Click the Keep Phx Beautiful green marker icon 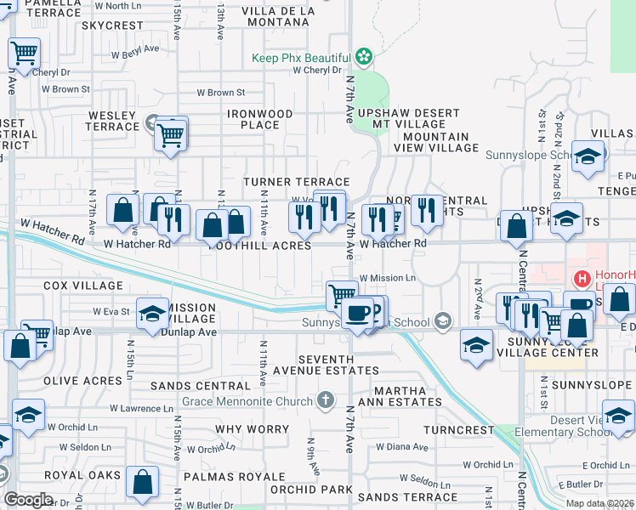[x=365, y=57]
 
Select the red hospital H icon [x=582, y=278]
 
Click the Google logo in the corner [x=28, y=500]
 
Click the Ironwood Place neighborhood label [x=260, y=119]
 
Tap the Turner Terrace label [x=297, y=182]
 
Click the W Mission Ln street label [x=388, y=278]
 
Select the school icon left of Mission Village [x=152, y=314]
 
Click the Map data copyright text [x=600, y=503]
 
